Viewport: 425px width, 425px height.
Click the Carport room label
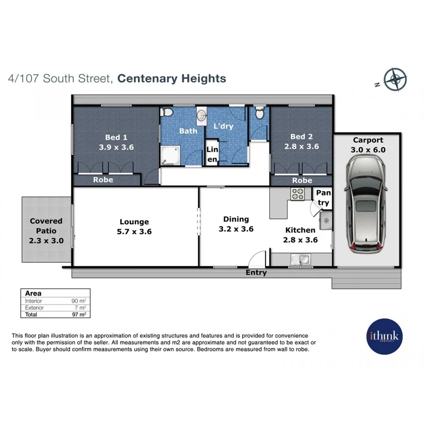(x=368, y=140)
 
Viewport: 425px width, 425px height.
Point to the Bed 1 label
(x=116, y=137)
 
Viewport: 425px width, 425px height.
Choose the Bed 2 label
(x=302, y=137)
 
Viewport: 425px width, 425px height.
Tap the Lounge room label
(x=134, y=221)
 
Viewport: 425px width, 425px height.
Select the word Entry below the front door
(x=256, y=272)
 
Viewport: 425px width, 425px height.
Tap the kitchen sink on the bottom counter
(x=300, y=259)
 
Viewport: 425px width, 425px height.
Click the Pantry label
(x=323, y=198)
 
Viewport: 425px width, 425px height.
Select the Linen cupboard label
(x=212, y=154)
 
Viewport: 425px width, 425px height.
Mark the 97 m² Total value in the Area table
(x=78, y=314)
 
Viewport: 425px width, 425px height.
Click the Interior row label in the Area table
(x=34, y=301)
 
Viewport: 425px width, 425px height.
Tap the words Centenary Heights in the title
(x=171, y=78)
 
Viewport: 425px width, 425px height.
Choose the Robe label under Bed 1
(x=102, y=180)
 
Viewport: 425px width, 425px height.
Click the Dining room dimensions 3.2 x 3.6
(x=236, y=229)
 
